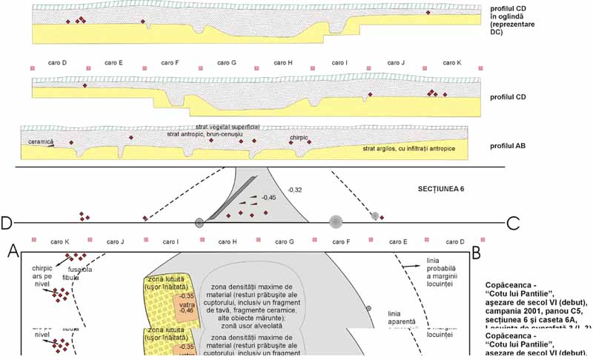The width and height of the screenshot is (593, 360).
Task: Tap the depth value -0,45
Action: pos(267,198)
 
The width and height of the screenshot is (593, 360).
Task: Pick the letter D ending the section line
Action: pos(7,222)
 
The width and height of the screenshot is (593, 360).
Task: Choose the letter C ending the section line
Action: pos(512,222)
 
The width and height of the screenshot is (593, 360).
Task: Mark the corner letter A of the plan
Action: pos(13,252)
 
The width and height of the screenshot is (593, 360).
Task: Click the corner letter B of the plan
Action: pos(477,253)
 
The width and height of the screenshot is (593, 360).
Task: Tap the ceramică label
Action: pos(40,141)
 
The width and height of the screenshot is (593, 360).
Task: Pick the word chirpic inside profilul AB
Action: pos(299,138)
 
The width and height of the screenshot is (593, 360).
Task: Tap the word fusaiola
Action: pos(80,270)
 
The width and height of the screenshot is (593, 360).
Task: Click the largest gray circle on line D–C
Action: pos(336,221)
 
